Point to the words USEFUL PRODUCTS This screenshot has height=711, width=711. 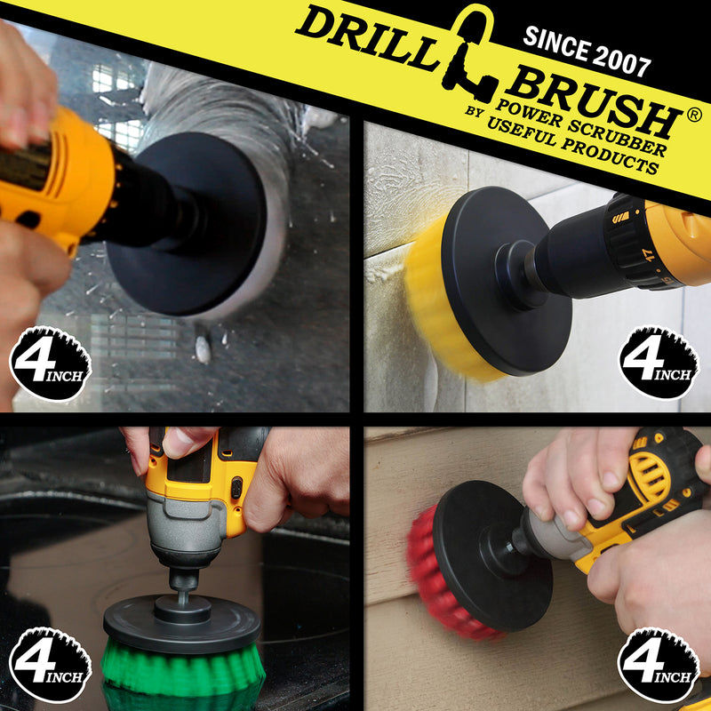572,145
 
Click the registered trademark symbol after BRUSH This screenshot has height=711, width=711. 694,116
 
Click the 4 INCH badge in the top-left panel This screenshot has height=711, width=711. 51,363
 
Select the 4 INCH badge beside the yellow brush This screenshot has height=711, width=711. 659,363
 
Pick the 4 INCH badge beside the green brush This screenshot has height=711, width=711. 51,665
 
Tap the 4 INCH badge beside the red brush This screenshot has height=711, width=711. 657,665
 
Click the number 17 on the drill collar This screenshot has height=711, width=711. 650,254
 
